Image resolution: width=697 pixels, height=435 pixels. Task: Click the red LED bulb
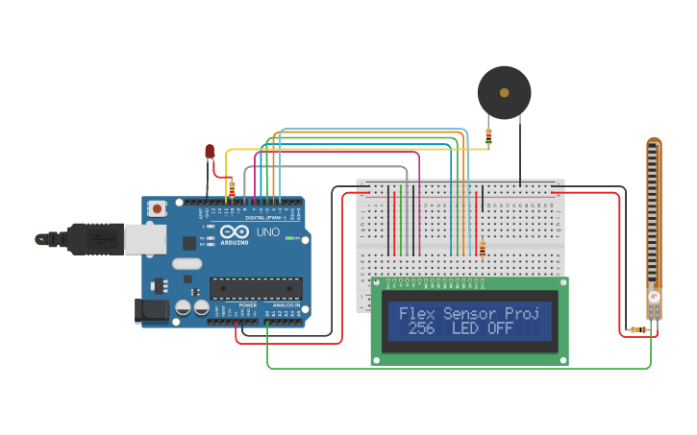210,151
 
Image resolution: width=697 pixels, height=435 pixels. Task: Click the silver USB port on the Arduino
145,239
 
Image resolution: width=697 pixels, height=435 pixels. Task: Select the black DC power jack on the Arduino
150,309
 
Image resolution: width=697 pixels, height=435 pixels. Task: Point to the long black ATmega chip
256,288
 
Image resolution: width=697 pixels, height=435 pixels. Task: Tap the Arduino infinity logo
235,230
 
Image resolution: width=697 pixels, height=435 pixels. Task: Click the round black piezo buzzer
504,93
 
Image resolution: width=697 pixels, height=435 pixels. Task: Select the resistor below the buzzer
488,137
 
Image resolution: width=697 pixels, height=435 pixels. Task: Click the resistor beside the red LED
232,188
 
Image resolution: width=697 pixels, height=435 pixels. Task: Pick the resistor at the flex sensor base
635,330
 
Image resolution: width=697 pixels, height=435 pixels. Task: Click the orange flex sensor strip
654,221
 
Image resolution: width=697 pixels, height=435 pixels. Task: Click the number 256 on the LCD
421,328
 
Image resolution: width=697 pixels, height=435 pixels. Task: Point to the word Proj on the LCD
521,313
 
